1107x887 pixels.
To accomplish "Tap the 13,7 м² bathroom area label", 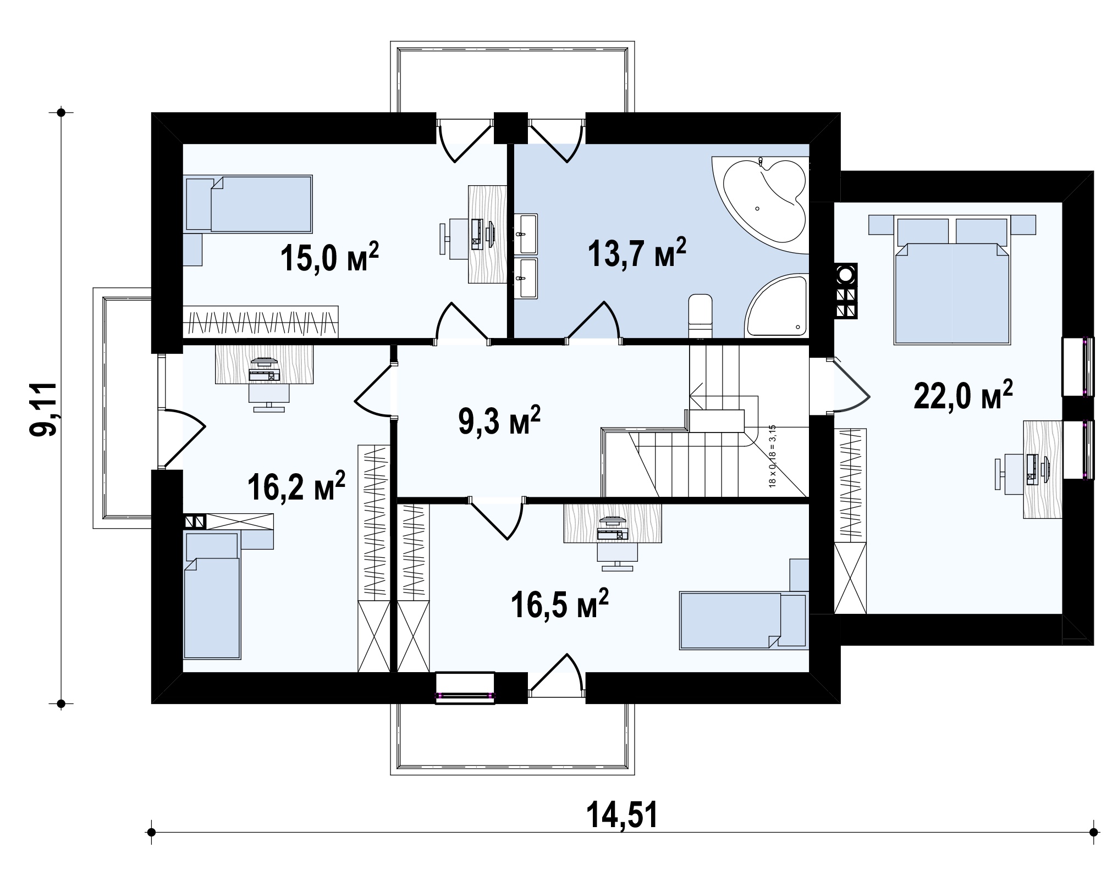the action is [x=637, y=253].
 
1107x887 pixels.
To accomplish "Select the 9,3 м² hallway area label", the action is [x=499, y=421].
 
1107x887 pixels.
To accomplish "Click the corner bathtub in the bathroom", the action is [x=760, y=206].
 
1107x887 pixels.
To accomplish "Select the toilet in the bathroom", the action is [x=700, y=315].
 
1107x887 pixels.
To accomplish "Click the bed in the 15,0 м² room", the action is [x=249, y=204].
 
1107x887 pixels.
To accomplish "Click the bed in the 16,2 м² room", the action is [x=212, y=594].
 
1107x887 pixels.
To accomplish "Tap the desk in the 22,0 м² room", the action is [x=1043, y=469].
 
